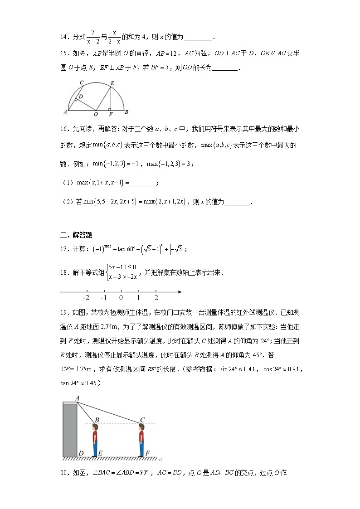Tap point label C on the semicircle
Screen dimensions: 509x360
coord(82,82)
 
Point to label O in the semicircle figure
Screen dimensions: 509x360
coord(95,114)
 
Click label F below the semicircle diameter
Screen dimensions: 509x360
coord(111,114)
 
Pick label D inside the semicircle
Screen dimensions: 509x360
coord(80,97)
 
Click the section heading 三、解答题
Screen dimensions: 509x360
coord(76,235)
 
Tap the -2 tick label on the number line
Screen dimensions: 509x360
coord(86,298)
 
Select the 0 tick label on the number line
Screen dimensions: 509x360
coord(121,298)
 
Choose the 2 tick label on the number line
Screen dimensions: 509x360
coord(156,298)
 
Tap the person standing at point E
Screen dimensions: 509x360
coord(95,440)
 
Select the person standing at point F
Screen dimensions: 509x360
coord(141,440)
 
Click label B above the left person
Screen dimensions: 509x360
coord(97,420)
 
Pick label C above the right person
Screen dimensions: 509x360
coord(142,420)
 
